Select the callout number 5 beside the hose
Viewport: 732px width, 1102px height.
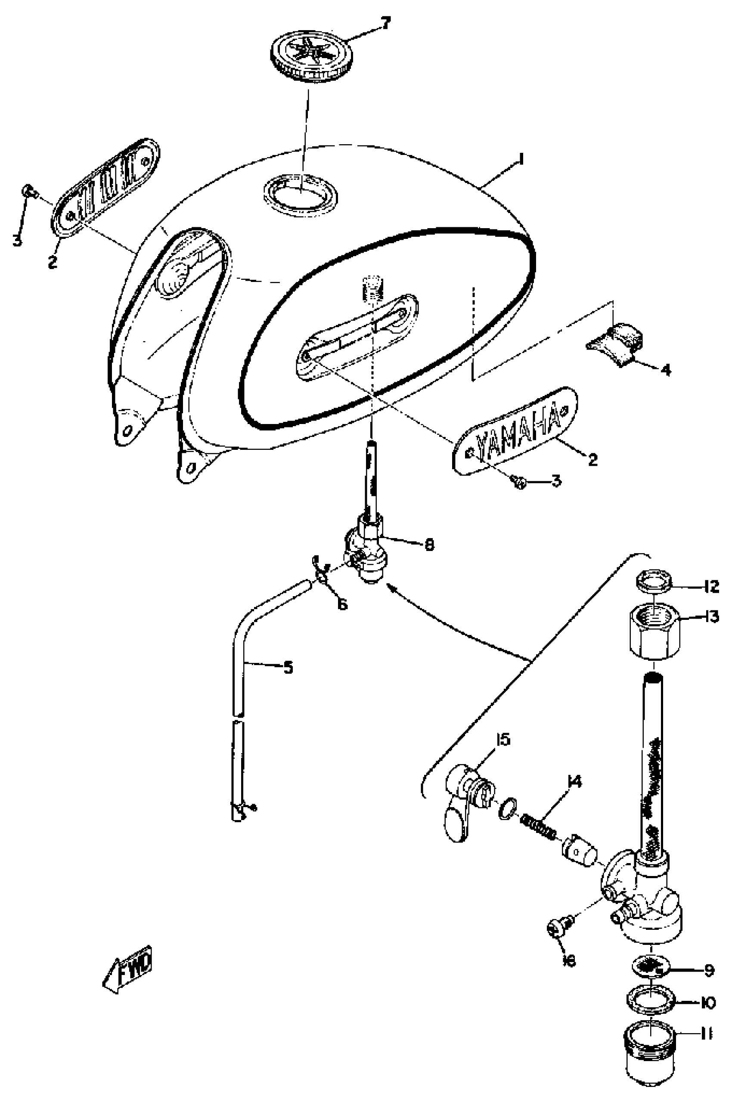pos(288,668)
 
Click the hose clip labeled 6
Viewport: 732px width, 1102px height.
pos(322,575)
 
